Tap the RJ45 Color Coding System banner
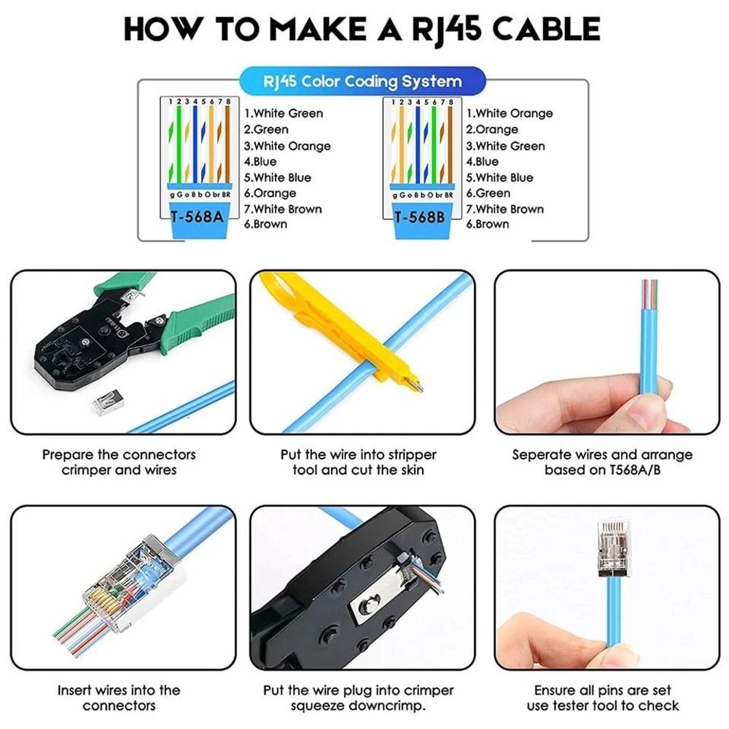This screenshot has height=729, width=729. tap(362, 81)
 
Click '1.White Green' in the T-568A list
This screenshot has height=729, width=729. tap(284, 114)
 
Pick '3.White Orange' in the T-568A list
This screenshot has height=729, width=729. tap(287, 146)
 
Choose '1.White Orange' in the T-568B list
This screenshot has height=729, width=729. tap(510, 114)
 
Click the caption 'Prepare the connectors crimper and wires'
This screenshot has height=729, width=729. tap(119, 462)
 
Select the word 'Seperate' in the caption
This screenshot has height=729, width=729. tap(545, 455)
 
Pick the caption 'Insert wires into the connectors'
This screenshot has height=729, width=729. tap(119, 698)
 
